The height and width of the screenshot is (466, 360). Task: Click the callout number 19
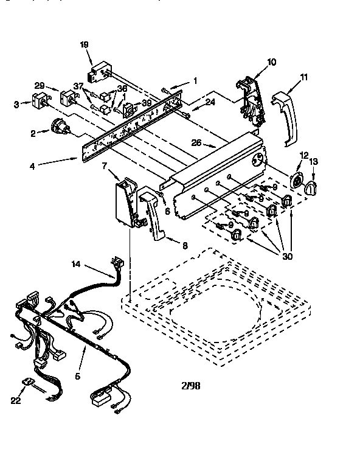pos(85,44)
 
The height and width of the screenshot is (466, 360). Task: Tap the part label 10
pos(271,61)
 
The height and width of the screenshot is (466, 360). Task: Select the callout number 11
pos(304,77)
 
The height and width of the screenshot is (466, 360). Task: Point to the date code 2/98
pos(190,385)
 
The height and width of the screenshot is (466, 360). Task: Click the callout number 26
pos(195,144)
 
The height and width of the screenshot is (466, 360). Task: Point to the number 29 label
pos(39,86)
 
